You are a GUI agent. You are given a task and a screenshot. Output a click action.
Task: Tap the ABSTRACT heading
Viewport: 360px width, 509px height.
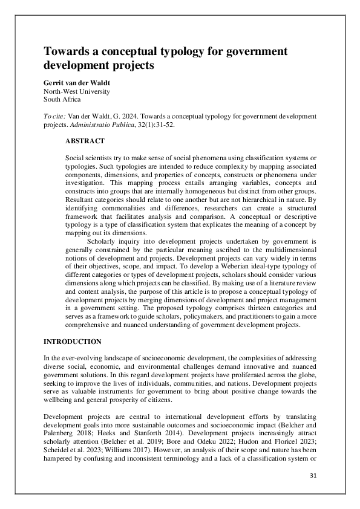point(85,141)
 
